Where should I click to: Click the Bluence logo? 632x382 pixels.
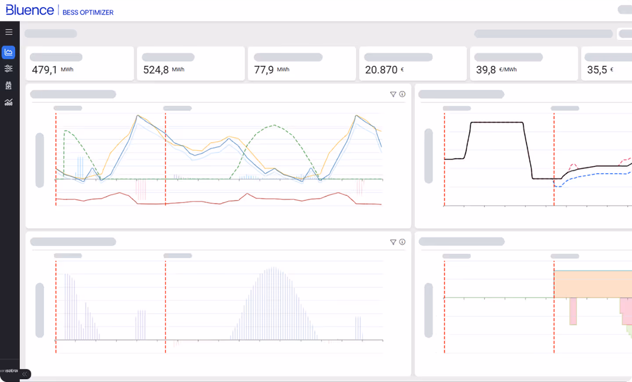[29, 10]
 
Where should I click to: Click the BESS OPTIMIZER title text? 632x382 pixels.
[88, 12]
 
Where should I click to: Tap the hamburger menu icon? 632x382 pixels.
[9, 32]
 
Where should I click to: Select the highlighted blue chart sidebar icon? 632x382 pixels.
[8, 52]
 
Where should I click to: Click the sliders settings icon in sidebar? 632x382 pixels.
[8, 68]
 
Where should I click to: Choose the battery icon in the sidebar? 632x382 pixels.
[8, 86]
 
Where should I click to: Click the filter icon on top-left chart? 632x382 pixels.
[393, 94]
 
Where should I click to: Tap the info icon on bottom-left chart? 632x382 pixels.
[402, 242]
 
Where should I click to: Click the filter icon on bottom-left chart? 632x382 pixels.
[393, 242]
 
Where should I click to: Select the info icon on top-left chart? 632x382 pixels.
[402, 94]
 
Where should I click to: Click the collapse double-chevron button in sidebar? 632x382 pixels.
[25, 374]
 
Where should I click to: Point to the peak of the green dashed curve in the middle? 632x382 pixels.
[274, 125]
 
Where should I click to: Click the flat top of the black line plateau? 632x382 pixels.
[497, 122]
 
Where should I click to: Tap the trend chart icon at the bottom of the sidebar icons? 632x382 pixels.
[8, 103]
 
